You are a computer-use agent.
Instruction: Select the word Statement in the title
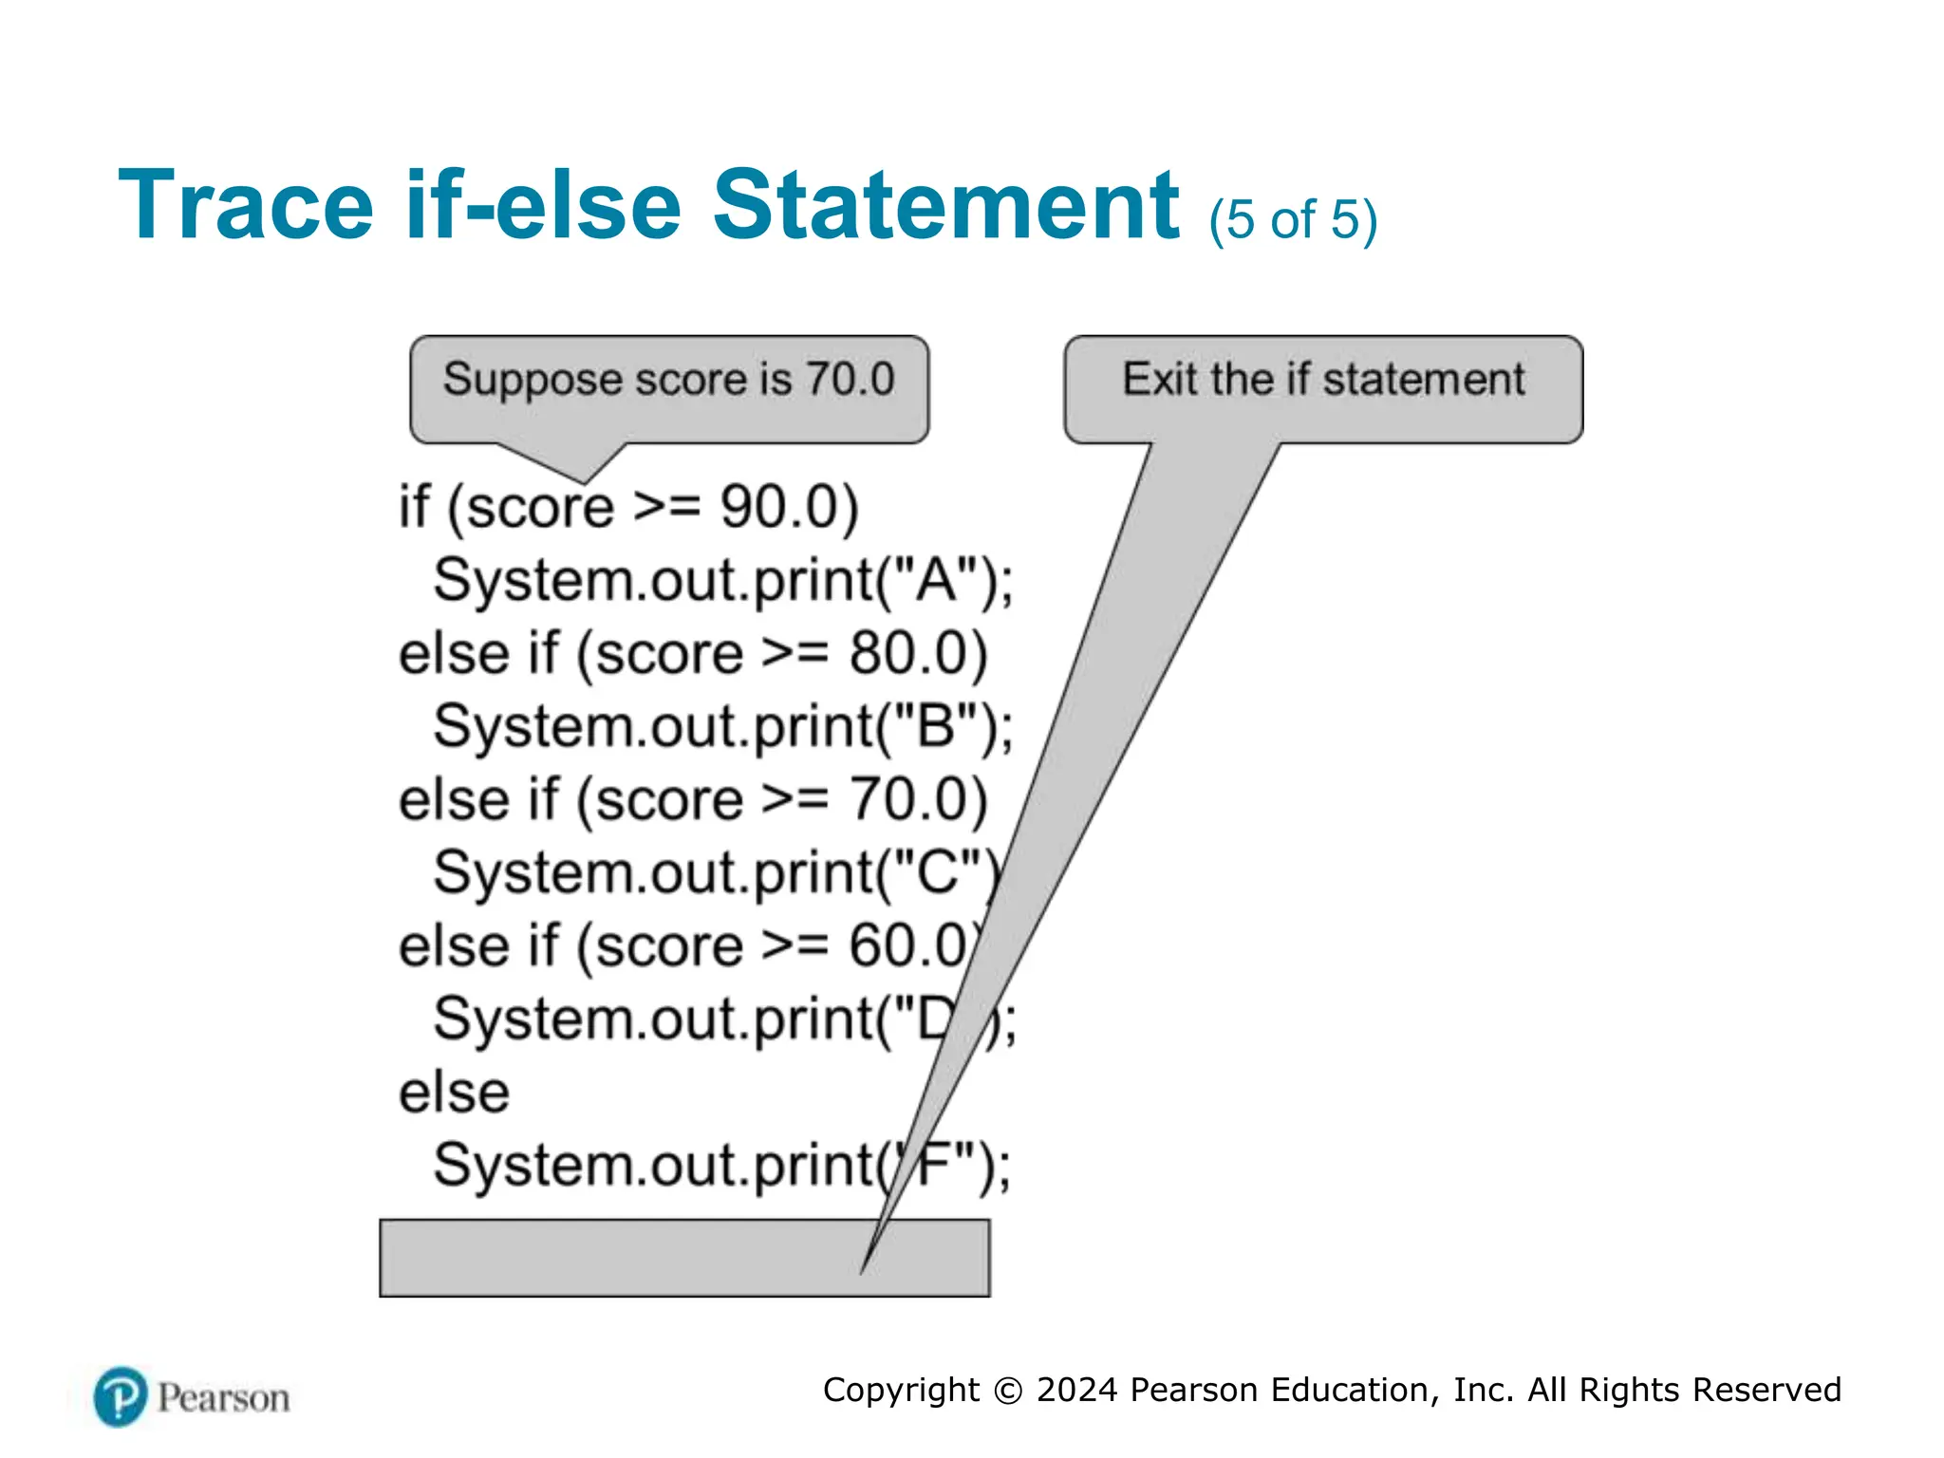click(945, 205)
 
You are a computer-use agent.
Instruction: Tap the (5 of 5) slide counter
click(1293, 220)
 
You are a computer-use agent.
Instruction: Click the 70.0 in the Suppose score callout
click(850, 380)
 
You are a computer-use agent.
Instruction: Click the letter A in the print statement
click(936, 580)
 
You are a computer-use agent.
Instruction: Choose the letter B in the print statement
click(936, 727)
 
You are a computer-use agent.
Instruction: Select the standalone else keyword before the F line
click(454, 1093)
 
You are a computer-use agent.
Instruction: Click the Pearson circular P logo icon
click(121, 1397)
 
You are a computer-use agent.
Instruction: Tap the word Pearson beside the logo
click(224, 1398)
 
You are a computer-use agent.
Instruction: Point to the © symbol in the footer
click(1008, 1391)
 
